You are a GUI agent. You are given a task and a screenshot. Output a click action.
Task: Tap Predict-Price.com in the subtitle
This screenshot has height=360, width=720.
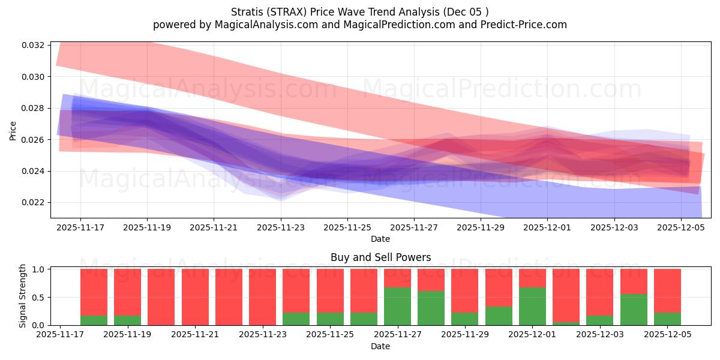point(521,25)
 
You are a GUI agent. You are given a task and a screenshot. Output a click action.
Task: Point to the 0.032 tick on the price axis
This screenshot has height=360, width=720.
point(33,46)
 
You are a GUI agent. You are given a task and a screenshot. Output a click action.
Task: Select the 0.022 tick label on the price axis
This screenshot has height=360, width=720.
point(33,203)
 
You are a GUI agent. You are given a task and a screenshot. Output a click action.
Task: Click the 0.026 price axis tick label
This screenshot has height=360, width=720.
point(33,140)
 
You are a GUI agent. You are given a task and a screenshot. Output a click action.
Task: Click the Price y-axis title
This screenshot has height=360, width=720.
point(13,130)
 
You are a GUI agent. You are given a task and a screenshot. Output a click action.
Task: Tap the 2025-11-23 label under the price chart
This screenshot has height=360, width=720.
point(281,228)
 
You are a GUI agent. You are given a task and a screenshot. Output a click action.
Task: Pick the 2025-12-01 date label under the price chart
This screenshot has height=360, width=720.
point(547,228)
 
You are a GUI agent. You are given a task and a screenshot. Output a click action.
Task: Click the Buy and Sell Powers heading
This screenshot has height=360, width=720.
point(380,257)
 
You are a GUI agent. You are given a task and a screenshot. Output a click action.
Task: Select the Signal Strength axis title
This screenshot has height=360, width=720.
point(22,296)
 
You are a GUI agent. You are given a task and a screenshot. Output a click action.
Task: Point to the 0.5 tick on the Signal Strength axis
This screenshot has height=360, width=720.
point(38,298)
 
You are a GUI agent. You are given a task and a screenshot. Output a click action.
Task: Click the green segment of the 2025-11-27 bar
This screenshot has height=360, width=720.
point(397,306)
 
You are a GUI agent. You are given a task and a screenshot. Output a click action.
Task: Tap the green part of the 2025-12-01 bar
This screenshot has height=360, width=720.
point(532,306)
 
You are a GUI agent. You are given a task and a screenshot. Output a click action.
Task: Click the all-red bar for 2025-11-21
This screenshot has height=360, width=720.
point(195,297)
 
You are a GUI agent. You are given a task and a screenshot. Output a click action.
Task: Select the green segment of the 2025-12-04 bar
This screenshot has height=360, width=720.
point(634,310)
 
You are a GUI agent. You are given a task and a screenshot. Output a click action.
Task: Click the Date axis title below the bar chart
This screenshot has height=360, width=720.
point(380,346)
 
